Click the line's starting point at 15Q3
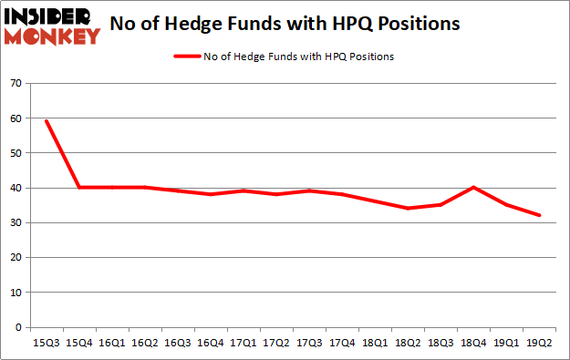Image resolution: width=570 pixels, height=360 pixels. pos(46,121)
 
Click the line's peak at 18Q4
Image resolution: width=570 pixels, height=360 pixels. pos(473,188)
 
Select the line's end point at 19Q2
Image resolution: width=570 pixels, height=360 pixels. pos(539,215)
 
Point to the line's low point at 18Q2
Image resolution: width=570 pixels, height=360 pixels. pos(408,209)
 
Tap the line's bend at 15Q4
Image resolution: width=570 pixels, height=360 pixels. pos(78,188)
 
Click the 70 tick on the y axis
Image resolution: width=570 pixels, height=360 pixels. pos(16,84)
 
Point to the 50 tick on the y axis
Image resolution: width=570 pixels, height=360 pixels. pos(16,153)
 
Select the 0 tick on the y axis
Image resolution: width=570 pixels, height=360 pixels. pos(18,327)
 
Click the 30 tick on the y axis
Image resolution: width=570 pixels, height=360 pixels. pos(16,222)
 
